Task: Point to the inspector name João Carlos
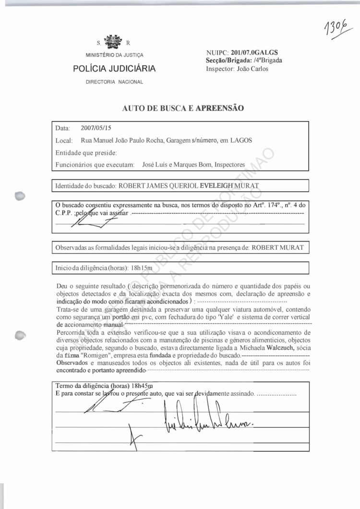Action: coord(252,69)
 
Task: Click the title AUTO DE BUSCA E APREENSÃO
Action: coord(183,108)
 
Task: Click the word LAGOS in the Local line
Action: coord(241,140)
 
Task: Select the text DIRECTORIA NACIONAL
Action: coord(114,82)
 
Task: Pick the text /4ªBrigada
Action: coord(268,61)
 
